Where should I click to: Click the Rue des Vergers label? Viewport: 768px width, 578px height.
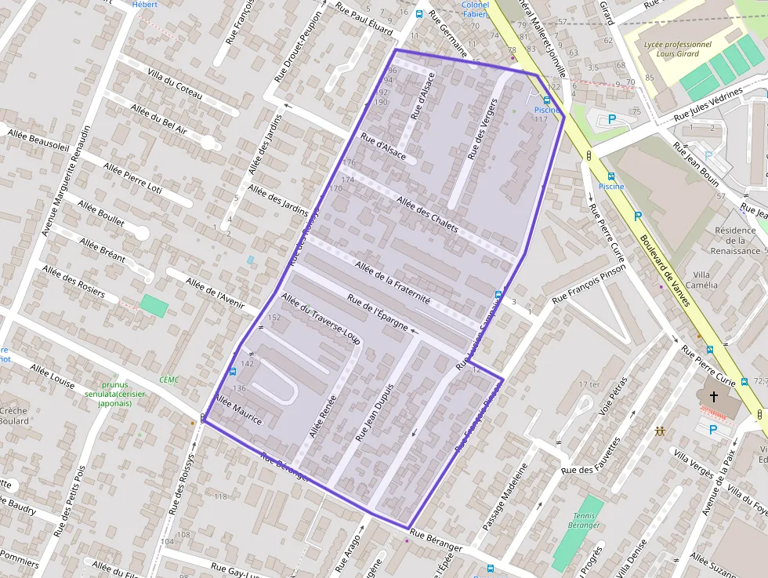pos(482,130)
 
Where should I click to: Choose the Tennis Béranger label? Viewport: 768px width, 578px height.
pos(584,520)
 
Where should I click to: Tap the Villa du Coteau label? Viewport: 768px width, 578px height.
pos(174,84)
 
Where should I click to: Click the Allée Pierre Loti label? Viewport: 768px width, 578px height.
pos(132,178)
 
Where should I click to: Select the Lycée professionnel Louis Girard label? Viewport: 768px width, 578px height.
pos(677,49)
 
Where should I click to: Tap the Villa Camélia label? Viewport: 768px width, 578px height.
pos(701,279)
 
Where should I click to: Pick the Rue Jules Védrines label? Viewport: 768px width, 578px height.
pos(708,104)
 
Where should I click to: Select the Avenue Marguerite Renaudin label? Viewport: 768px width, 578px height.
pos(67,180)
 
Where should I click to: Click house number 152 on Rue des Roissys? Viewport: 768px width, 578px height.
pos(274,318)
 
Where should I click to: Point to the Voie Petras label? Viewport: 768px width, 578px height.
pos(614,396)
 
